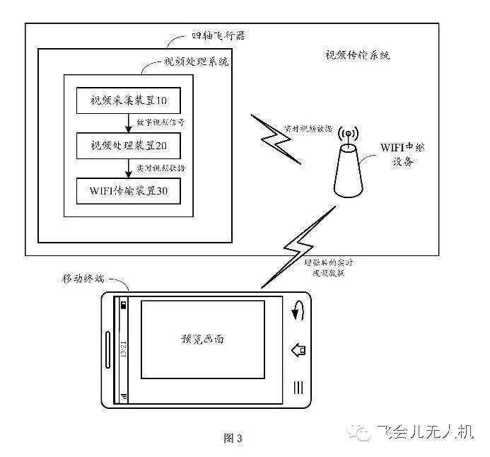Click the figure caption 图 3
coord(233,439)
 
